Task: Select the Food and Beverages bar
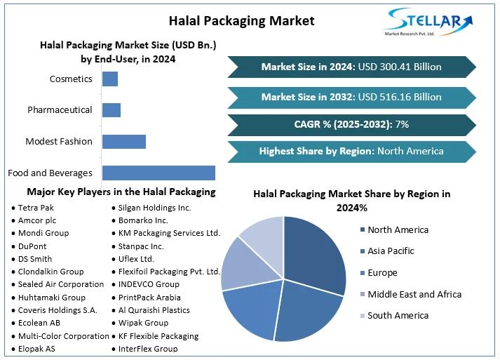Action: point(158,173)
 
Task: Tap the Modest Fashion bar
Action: point(123,141)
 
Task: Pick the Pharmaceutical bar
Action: point(112,109)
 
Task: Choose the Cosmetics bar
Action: point(110,79)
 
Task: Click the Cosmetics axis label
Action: point(71,79)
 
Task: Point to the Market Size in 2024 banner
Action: point(351,67)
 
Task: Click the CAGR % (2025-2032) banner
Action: point(351,124)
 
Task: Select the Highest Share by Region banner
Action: point(351,151)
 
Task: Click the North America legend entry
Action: point(398,229)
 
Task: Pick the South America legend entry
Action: point(398,315)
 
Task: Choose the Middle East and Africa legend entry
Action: point(414,294)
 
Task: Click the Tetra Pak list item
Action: point(36,208)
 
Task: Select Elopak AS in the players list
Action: point(39,348)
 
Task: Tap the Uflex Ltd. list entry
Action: point(136,259)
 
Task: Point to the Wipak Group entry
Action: point(143,323)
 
